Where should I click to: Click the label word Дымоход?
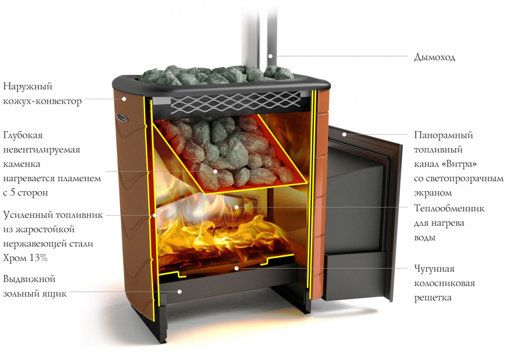pos(434,57)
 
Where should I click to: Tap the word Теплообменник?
pos(449,208)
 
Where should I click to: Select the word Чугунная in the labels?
pos(434,269)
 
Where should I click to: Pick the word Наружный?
pos(28,86)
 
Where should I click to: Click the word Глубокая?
pos(23,135)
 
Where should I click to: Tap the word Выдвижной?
pos(29,279)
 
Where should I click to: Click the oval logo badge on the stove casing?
pos(122,118)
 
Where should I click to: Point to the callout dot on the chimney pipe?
pos(270,56)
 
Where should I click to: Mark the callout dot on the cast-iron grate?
pos(236,268)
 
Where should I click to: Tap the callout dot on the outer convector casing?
pos(124,99)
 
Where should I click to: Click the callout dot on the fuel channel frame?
pos(344,134)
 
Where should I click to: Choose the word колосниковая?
pos(444,283)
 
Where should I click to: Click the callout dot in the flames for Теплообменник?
pos(236,207)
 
